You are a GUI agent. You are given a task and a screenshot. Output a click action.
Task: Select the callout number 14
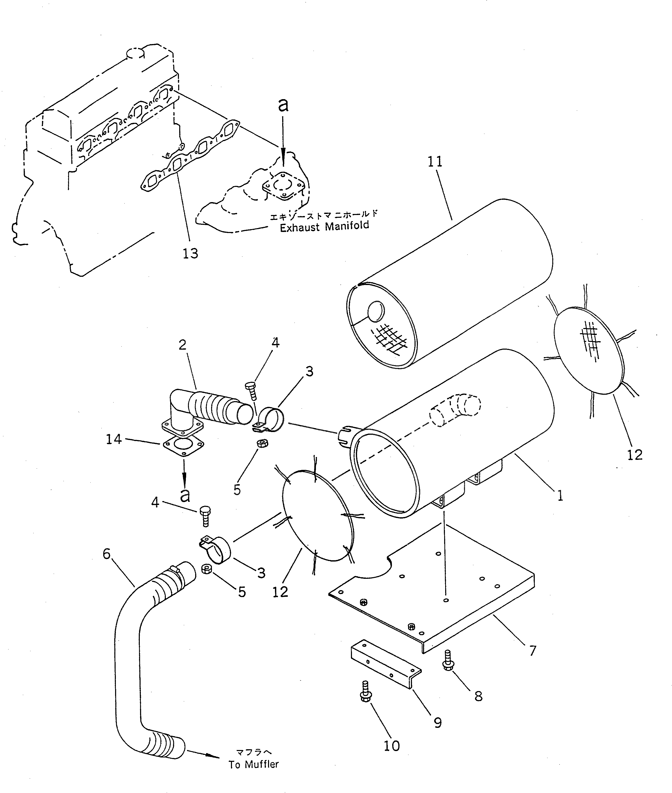[114, 439]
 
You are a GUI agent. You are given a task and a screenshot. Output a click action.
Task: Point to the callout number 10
[392, 746]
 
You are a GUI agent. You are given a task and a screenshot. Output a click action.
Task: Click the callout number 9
[438, 722]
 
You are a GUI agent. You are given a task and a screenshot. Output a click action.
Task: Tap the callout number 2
[183, 345]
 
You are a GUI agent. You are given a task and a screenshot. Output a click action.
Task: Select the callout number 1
[560, 496]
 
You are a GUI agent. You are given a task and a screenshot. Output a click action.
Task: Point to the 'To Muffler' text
[254, 764]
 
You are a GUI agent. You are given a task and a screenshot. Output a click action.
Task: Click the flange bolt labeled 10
[365, 691]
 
